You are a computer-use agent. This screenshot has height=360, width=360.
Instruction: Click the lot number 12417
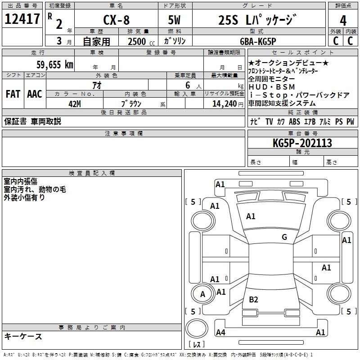[x=22, y=19]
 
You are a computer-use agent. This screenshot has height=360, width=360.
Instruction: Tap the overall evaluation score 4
[x=343, y=20]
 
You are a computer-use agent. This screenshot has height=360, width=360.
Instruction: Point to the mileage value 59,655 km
[x=54, y=65]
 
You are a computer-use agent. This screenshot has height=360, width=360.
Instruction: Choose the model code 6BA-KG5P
[x=264, y=41]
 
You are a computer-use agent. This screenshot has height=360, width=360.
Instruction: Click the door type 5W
[x=175, y=20]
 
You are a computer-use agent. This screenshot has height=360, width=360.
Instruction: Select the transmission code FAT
[x=13, y=94]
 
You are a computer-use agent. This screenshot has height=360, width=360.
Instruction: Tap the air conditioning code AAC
[x=34, y=94]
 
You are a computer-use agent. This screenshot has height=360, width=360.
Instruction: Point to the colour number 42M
[x=75, y=103]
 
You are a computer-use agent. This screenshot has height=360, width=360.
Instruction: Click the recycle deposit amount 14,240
[x=222, y=103]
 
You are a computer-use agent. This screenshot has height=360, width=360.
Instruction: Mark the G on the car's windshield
[x=284, y=237]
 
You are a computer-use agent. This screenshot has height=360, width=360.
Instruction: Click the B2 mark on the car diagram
[x=254, y=300]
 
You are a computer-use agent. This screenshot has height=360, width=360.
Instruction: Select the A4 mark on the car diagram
[x=220, y=333]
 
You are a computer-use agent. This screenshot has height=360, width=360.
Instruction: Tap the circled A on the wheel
[x=202, y=294]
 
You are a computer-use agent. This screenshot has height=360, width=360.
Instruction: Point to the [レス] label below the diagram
[x=197, y=345]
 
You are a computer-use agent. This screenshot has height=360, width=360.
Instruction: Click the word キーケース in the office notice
[x=23, y=336]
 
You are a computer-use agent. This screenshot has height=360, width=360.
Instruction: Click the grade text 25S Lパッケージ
[x=257, y=20]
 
